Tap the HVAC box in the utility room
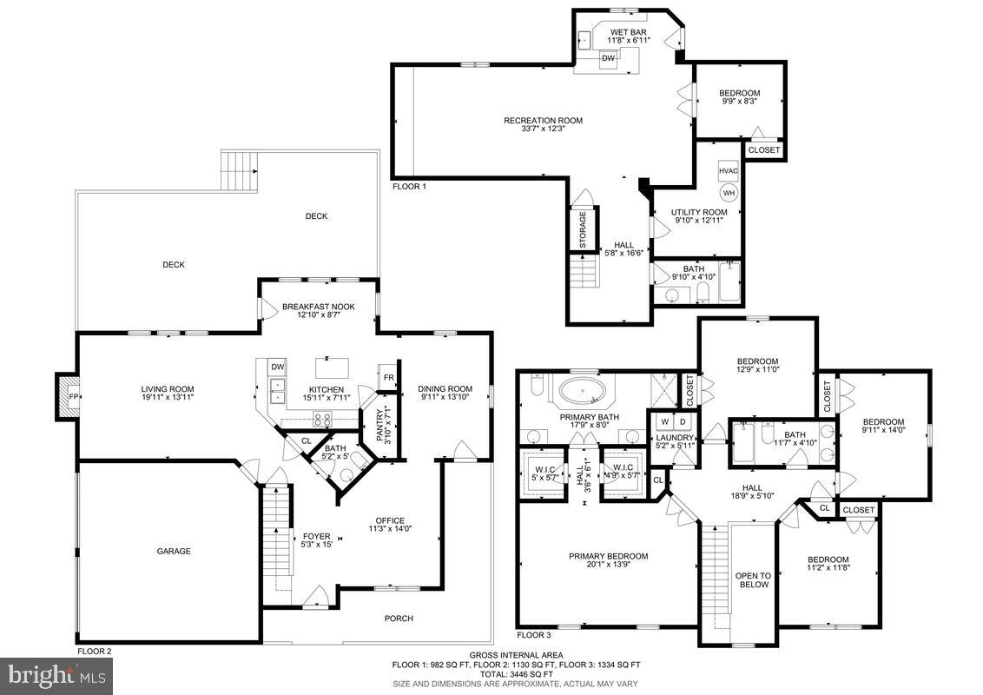(728, 171)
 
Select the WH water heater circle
(729, 192)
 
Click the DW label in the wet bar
(609, 58)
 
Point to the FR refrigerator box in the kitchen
(386, 377)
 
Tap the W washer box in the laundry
(664, 422)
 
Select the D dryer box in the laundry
(683, 422)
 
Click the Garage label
(174, 551)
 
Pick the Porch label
(399, 619)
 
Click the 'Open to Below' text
(753, 579)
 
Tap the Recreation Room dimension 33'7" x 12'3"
(543, 129)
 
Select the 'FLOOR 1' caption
(410, 186)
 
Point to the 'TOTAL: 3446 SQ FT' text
(518, 673)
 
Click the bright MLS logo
(56, 673)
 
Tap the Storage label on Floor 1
(583, 228)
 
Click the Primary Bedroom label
(608, 557)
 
